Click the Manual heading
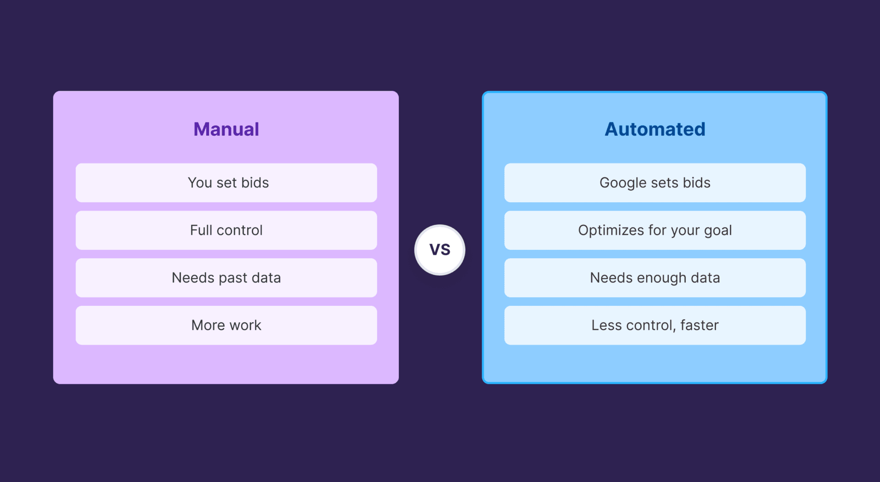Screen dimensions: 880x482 click(226, 129)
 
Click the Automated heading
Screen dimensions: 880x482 click(655, 129)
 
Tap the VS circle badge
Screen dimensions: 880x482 click(440, 250)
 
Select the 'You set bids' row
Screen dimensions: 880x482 click(226, 183)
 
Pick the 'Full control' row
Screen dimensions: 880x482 click(226, 230)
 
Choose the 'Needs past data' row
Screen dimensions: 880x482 click(226, 278)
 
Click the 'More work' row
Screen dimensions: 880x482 click(226, 325)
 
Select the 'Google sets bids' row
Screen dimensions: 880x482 click(655, 183)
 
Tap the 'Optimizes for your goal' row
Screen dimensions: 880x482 click(655, 230)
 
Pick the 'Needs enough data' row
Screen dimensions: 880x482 click(655, 278)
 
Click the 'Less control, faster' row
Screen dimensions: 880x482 click(655, 325)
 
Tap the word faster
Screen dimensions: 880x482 click(699, 325)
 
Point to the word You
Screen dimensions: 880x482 click(200, 183)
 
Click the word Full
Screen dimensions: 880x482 click(201, 230)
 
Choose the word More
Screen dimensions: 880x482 click(208, 325)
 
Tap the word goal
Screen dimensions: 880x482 click(718, 231)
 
